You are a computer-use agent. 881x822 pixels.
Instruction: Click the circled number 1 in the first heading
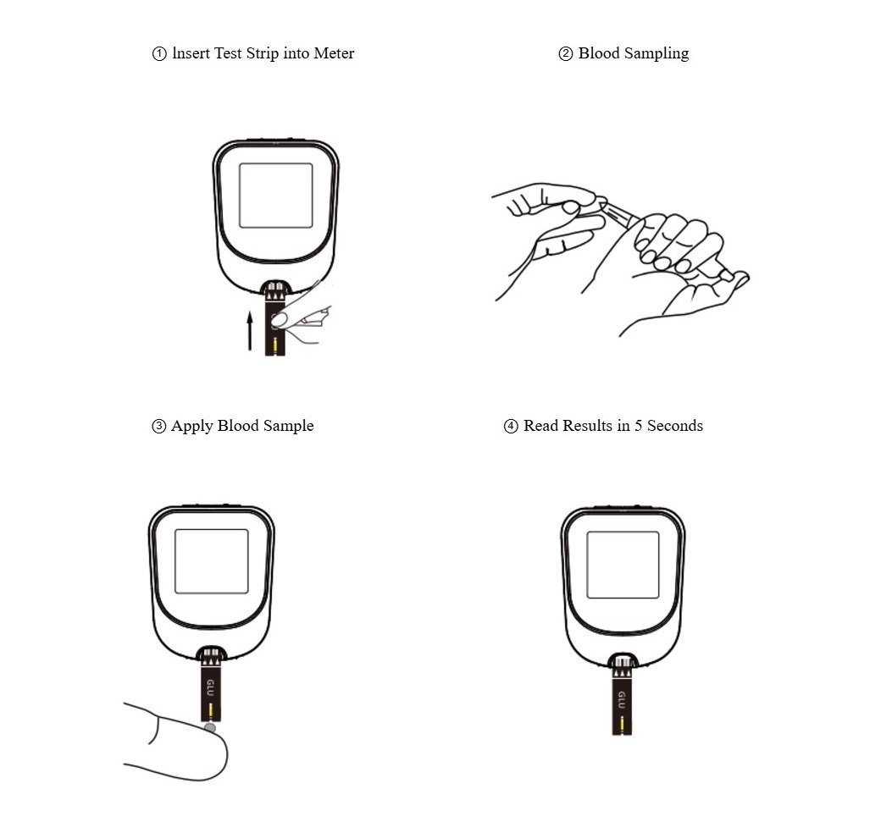159,54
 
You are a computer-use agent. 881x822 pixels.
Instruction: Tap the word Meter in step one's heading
334,53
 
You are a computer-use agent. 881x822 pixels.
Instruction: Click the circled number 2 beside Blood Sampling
565,54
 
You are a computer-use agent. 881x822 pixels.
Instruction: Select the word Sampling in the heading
657,54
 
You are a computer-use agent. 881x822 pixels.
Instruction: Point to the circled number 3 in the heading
159,426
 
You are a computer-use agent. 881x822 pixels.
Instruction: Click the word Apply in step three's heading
191,426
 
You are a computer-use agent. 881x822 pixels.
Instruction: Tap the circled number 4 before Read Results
511,426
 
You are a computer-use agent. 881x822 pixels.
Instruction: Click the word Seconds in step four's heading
675,426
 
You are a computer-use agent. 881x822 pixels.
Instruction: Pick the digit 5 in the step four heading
638,426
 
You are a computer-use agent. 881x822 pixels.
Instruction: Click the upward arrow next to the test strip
250,332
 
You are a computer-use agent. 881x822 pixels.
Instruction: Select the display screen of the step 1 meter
276,196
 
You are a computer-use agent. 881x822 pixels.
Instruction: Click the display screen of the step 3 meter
211,561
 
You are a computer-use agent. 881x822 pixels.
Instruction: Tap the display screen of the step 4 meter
623,565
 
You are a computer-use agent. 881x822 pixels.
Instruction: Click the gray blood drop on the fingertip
209,728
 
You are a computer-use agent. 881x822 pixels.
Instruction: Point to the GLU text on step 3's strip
210,687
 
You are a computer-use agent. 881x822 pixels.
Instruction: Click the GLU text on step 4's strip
622,700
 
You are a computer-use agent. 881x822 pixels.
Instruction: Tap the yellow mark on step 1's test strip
274,345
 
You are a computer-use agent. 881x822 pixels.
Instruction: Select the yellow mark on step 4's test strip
622,726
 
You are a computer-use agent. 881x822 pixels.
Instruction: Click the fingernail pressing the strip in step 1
280,320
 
